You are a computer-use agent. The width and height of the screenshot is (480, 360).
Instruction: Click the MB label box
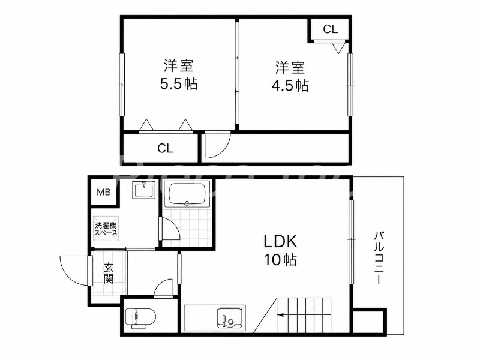pos(103,192)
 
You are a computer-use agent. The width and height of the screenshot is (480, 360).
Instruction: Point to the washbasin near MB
pos(144,190)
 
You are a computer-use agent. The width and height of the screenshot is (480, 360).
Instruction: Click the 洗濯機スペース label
pos(106,229)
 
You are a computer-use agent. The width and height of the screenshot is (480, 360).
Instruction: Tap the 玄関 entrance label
pos(108,274)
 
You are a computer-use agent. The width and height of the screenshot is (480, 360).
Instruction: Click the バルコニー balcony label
pos(380,258)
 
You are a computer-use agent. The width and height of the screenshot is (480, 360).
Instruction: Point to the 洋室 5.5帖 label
pos(179,75)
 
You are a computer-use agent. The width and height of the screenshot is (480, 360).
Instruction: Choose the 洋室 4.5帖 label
pos(290,77)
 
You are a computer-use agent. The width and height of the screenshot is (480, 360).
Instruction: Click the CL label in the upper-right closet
pos(331,29)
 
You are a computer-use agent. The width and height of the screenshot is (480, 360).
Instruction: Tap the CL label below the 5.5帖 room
pos(166,148)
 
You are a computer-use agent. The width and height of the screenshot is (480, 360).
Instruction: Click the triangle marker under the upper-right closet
pos(338,49)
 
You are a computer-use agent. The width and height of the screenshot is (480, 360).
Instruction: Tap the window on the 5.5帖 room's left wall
pos(122,85)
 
